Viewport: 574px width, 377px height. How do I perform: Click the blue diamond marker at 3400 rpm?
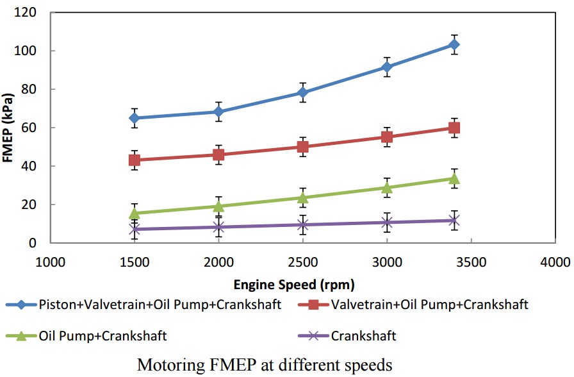(454, 44)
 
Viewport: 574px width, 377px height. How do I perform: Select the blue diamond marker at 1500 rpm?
(134, 118)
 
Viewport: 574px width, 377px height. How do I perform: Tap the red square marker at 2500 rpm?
(302, 147)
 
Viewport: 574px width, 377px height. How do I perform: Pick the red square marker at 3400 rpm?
(454, 128)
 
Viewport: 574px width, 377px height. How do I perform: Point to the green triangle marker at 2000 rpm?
(218, 206)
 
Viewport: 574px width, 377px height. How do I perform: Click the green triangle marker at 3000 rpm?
(387, 187)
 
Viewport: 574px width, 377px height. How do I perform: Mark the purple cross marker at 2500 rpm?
(302, 224)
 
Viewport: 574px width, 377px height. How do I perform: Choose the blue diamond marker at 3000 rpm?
(387, 67)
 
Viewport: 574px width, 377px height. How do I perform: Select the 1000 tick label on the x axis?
(50, 262)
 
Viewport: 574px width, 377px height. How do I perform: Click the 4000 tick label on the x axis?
(555, 262)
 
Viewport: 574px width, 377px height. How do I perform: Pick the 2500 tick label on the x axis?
(302, 262)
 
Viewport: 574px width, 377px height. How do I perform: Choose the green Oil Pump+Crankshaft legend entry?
(95, 335)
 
